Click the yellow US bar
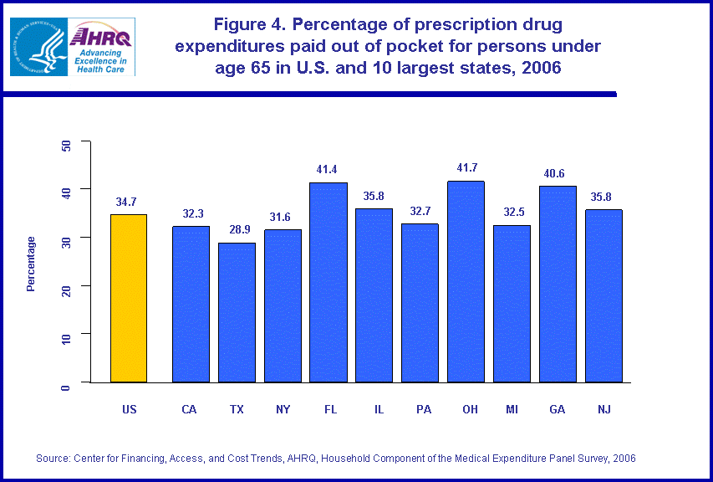129,298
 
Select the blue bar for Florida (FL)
328,282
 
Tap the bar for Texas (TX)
237,312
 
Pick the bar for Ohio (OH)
466,281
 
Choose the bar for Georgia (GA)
558,284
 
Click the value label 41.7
466,168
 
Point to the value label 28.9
237,229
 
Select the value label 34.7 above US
129,202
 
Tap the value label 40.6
558,173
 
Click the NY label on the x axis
283,409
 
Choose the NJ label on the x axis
603,409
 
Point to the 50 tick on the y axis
65,144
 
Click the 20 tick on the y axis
65,286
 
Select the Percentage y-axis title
31,264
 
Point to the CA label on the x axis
191,409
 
